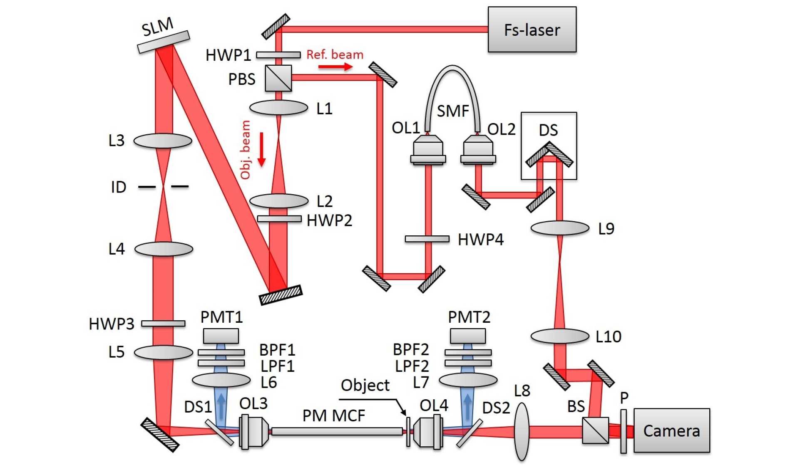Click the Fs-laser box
pos(532,30)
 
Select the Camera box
pos(671,430)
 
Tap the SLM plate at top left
pos(164,42)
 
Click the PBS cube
pos(278,78)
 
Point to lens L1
pos(278,108)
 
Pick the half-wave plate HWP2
pos(279,219)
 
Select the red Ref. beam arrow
pos(335,67)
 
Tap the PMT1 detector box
pos(221,336)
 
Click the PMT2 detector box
pos(468,336)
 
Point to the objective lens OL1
pos(428,150)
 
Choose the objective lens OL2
pos(478,150)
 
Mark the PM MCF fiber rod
pos(337,431)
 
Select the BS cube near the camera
pos(595,430)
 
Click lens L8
pos(522,431)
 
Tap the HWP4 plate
pos(427,239)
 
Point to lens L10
pos(560,336)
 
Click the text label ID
pos(119,187)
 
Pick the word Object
pos(365,385)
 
